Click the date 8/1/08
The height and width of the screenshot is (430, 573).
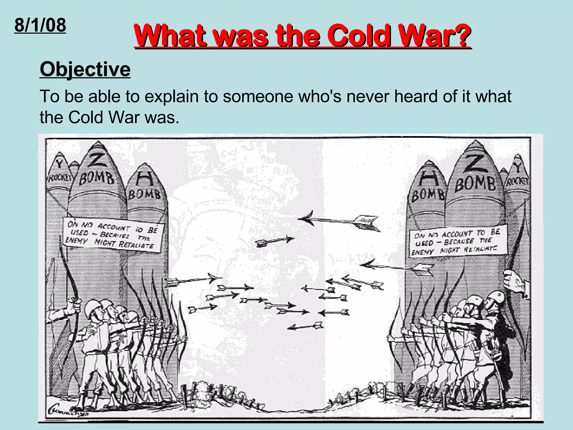(40, 25)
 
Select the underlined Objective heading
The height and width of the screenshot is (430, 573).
(85, 69)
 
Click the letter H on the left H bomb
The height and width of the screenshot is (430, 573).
(145, 179)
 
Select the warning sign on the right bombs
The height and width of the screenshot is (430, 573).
(458, 242)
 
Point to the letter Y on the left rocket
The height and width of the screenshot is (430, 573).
(59, 163)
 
